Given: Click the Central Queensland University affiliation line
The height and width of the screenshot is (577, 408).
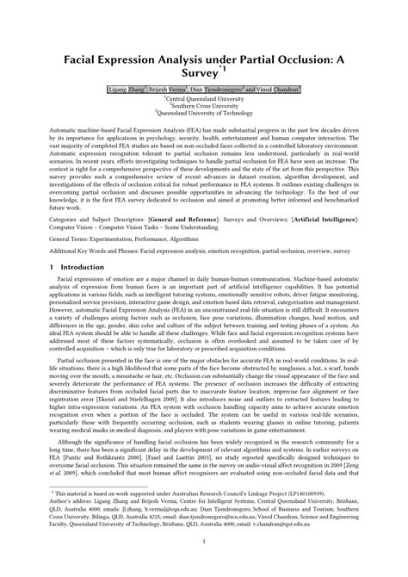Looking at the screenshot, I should click(x=205, y=99).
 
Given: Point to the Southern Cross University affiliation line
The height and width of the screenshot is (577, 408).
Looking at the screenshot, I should click(x=205, y=105).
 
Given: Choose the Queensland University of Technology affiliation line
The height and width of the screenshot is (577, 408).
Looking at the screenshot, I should click(x=205, y=112).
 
